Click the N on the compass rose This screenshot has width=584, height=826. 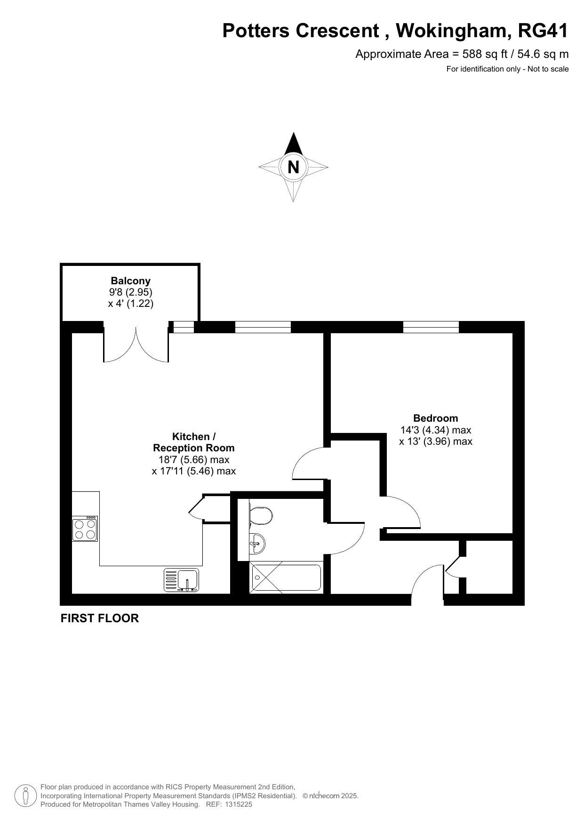[293, 167]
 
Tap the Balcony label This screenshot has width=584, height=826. [131, 281]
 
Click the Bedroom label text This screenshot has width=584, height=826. [436, 418]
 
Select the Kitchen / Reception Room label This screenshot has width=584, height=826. [193, 442]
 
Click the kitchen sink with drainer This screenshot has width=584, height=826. [182, 580]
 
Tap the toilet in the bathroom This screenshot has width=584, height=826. [261, 515]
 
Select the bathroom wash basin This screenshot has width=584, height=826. [257, 544]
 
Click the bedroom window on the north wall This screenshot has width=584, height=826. [431, 327]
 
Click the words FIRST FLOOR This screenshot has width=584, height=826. [100, 618]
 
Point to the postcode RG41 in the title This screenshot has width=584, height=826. [543, 31]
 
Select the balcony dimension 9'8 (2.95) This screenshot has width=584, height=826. [131, 292]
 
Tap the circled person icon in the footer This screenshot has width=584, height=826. [25, 796]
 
